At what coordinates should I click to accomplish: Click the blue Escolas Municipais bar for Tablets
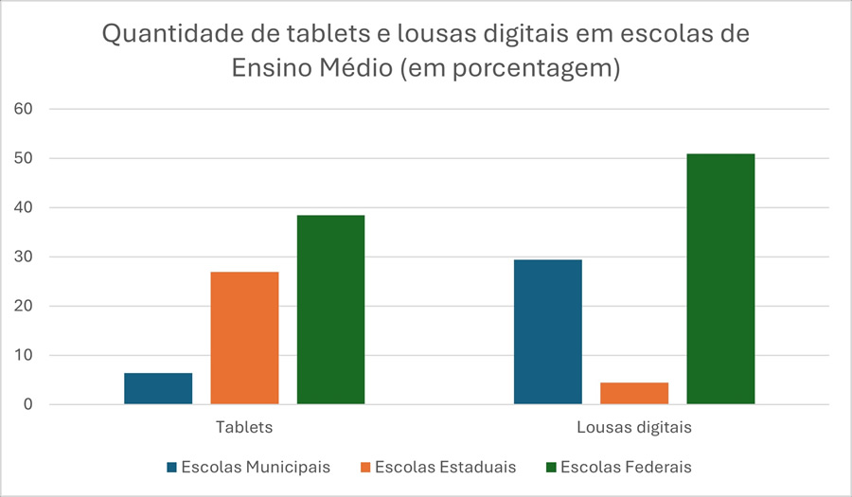(x=158, y=389)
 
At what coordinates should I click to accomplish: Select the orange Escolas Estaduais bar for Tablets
(x=244, y=338)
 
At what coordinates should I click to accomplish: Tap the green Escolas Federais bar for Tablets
(x=330, y=310)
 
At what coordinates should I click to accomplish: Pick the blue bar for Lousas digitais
(x=548, y=332)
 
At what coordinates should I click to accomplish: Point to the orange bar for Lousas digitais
(x=634, y=394)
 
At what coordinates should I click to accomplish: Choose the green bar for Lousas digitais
(x=720, y=279)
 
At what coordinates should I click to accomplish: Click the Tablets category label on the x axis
(x=244, y=427)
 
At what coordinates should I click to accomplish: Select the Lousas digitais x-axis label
(x=634, y=427)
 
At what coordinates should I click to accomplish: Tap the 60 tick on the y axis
(x=24, y=109)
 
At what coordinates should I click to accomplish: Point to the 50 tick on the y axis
(x=24, y=158)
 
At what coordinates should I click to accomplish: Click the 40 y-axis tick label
(x=24, y=207)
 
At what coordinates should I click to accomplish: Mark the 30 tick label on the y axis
(x=24, y=257)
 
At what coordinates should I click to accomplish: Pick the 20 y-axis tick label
(x=24, y=306)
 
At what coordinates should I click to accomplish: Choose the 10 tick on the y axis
(x=24, y=355)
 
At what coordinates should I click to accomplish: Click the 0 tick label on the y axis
(x=28, y=404)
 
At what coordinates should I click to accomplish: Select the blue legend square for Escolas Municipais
(x=171, y=468)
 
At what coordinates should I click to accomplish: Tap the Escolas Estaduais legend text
(x=445, y=467)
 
